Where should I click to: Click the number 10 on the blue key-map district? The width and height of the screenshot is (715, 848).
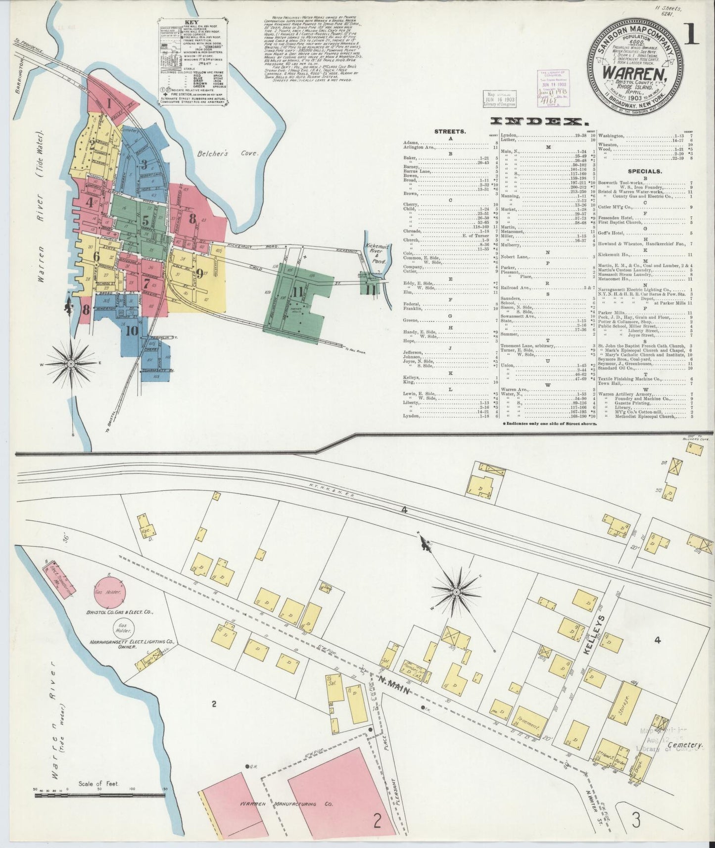coord(131,331)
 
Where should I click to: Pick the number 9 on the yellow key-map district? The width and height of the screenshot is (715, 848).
coord(199,273)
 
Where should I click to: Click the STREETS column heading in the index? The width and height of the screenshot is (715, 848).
coord(449,132)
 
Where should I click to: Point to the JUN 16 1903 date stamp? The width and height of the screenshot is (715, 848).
coord(500,99)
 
